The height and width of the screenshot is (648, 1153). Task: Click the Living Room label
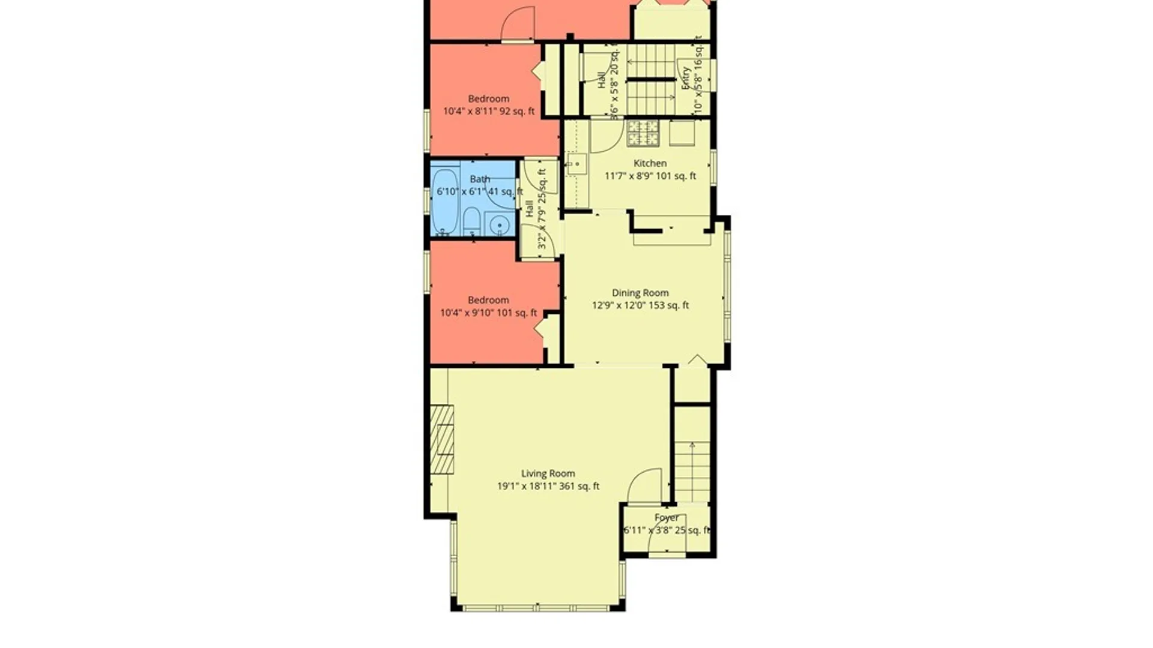click(548, 473)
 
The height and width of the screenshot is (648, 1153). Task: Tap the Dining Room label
click(640, 293)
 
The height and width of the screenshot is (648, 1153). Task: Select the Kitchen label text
click(650, 163)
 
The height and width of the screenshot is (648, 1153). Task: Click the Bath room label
click(480, 179)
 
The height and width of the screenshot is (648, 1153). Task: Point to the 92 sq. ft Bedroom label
click(488, 99)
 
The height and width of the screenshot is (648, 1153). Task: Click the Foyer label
click(667, 517)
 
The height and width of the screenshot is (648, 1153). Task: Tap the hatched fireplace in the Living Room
click(442, 440)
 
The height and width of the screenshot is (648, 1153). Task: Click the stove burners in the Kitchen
click(643, 133)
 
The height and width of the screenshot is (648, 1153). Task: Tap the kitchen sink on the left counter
click(576, 164)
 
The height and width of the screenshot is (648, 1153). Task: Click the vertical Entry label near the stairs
click(685, 78)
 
